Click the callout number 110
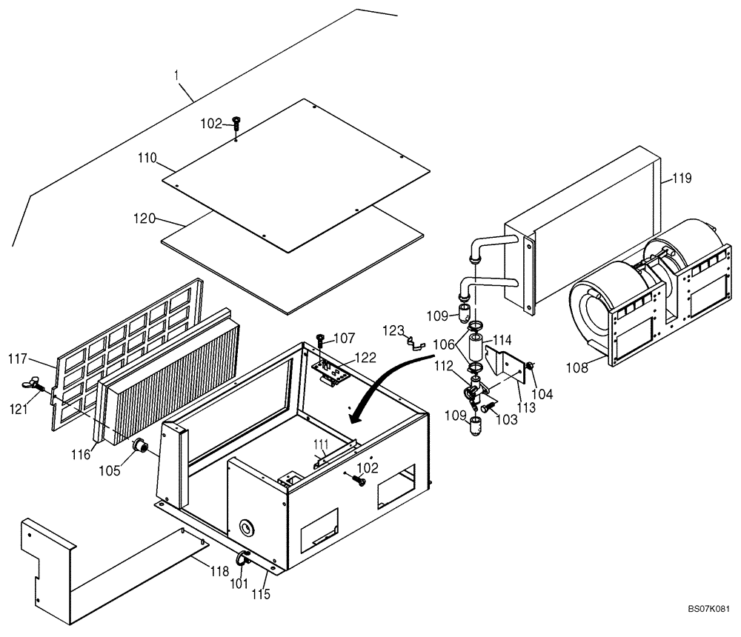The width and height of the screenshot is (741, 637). (x=146, y=158)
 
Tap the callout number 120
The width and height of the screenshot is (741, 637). (x=144, y=219)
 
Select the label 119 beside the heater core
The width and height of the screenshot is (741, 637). (x=682, y=178)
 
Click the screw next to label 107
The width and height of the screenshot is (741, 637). (x=320, y=339)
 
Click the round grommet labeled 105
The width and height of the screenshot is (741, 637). (x=139, y=446)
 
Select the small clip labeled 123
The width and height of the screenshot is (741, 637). (x=414, y=342)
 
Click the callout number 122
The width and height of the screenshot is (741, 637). (x=365, y=357)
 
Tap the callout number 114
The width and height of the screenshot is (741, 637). (x=502, y=340)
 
